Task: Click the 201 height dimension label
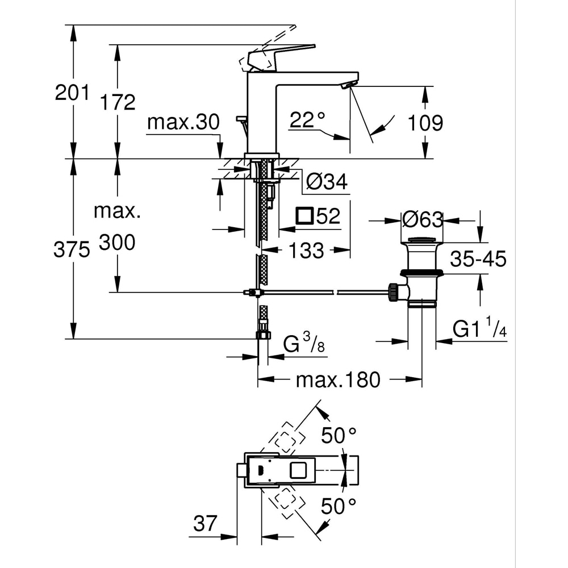[x=72, y=92]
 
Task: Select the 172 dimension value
[x=118, y=102]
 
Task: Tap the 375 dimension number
[x=72, y=249]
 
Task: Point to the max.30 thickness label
[x=175, y=122]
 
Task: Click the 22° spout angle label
[x=307, y=120]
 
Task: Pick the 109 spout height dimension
[x=425, y=122]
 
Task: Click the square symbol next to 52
[x=305, y=216]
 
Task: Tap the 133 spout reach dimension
[x=307, y=250]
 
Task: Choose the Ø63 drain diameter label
[x=422, y=219]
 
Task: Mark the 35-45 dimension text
[x=478, y=259]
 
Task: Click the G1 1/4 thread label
[x=479, y=329]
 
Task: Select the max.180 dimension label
[x=337, y=379]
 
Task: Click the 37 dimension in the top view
[x=204, y=523]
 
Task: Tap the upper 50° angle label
[x=339, y=436]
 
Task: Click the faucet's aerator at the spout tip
[x=347, y=85]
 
